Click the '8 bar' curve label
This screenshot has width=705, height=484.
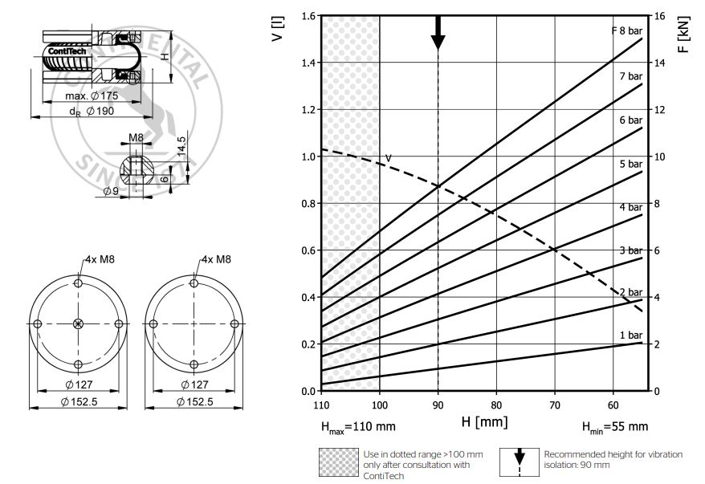626,31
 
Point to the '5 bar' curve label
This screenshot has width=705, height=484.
630,165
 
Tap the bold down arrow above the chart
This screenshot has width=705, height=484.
438,32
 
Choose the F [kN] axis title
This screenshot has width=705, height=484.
683,34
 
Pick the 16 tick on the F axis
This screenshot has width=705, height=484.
658,16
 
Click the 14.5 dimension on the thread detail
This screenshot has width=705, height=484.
183,148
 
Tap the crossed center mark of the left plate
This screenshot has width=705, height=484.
78,323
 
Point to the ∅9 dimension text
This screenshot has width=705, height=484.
112,192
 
